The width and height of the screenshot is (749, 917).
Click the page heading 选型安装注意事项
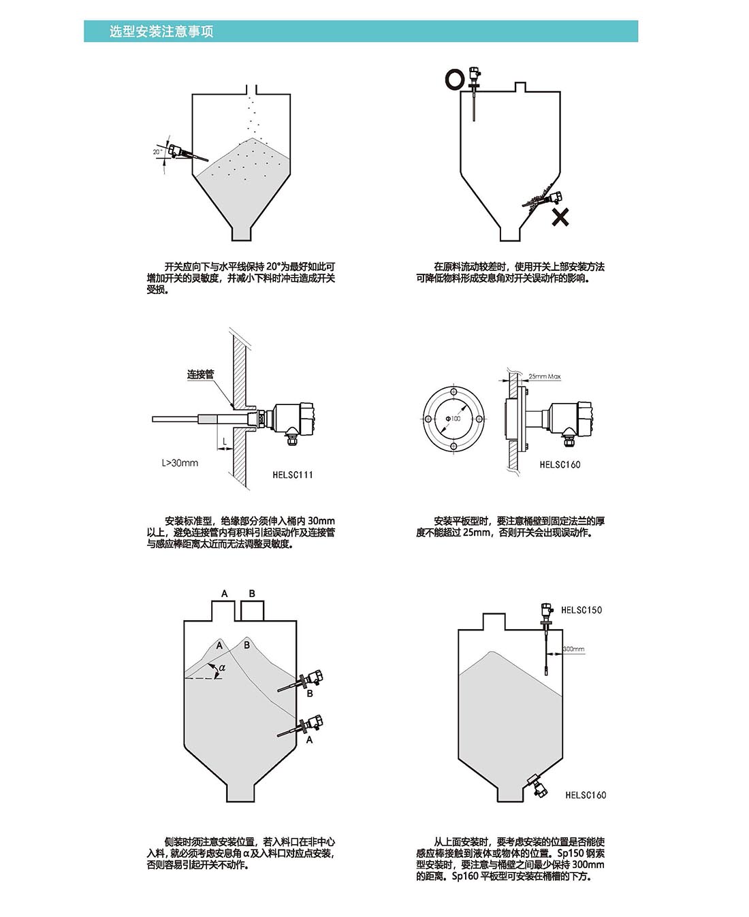[161, 32]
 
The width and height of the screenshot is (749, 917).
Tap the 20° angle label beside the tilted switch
[157, 152]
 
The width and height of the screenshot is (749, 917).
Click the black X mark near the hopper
[560, 217]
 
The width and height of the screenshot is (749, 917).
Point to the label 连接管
[200, 374]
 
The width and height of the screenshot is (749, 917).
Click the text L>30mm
[180, 463]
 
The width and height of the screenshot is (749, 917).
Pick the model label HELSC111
[293, 474]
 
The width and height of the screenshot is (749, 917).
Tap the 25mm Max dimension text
[545, 376]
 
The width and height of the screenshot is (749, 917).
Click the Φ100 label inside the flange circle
[453, 418]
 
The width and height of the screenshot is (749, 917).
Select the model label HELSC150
[581, 610]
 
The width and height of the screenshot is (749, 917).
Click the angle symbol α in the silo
[222, 667]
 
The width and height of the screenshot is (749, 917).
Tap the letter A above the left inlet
[225, 594]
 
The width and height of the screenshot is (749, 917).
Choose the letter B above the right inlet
[252, 594]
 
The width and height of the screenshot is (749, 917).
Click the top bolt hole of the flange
[453, 393]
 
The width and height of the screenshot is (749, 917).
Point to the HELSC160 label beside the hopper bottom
[586, 795]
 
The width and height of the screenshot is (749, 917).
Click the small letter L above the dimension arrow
[225, 442]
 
